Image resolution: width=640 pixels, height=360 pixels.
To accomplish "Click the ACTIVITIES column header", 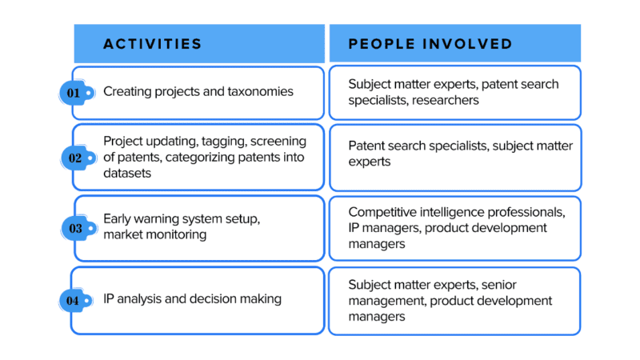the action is (153, 44).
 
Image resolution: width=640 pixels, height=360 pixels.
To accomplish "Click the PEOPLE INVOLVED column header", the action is (430, 44).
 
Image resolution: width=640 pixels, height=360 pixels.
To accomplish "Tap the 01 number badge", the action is (77, 93).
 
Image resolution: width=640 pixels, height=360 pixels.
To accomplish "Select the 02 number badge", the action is (78, 158).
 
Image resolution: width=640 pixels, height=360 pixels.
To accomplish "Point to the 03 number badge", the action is (78, 228).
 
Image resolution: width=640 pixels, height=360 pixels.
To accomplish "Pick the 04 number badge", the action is (76, 301).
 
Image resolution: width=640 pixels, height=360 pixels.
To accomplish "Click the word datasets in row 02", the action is (127, 173).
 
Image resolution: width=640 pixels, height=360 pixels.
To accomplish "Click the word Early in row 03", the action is (117, 218).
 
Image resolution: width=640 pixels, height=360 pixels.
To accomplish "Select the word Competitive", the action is (382, 212).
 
